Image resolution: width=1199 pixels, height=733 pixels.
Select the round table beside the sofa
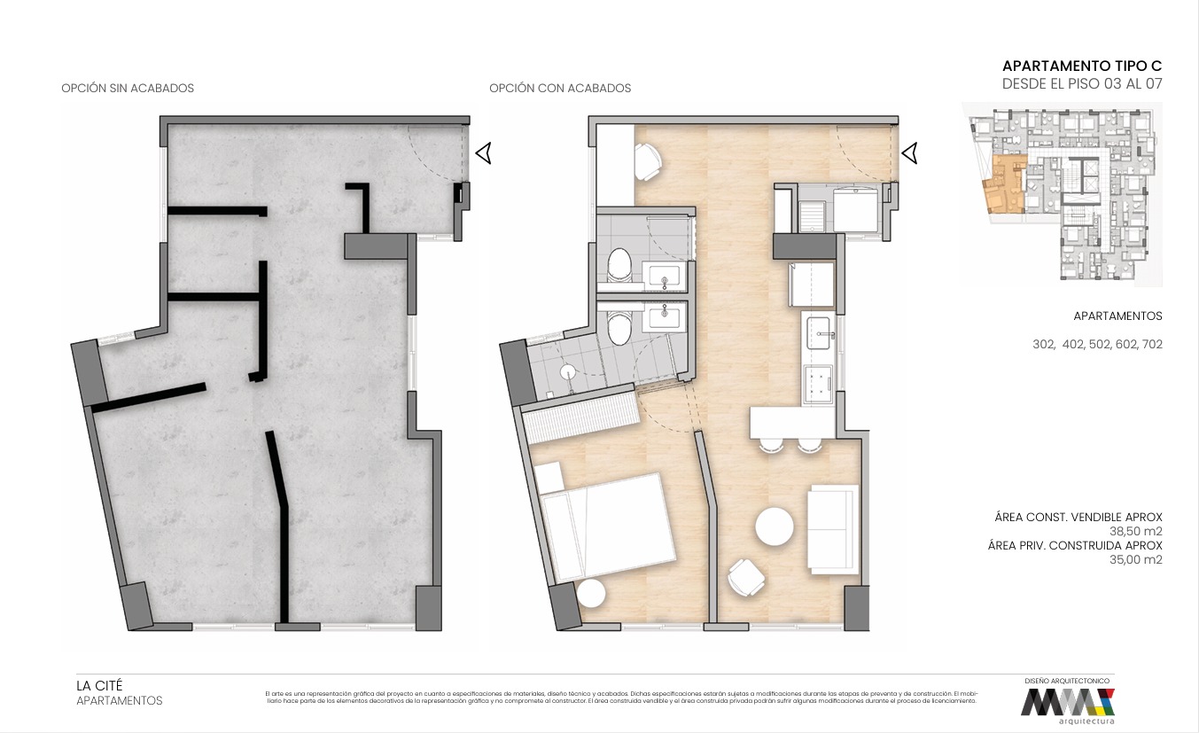point(775,526)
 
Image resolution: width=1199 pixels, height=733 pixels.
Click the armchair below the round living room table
point(746,578)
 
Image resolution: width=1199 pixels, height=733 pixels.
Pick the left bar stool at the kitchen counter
point(771,446)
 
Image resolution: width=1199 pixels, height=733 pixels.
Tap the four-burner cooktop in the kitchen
point(818,383)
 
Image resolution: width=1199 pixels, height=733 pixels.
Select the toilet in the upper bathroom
point(619,265)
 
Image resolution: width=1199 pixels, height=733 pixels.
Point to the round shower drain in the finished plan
point(569,372)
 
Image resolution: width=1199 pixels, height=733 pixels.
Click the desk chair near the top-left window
point(649,160)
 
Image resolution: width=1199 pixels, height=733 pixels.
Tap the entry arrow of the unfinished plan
point(484,153)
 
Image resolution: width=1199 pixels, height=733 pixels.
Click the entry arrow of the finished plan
point(910,154)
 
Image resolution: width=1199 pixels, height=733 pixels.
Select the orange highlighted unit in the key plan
point(1005,185)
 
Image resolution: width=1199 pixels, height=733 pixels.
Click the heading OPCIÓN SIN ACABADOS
point(128,89)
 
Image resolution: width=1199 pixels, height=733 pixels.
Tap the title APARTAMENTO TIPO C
point(1081,66)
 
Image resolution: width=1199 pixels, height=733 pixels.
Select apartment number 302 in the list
point(1044,345)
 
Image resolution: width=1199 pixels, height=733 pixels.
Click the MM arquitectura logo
point(1067,704)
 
